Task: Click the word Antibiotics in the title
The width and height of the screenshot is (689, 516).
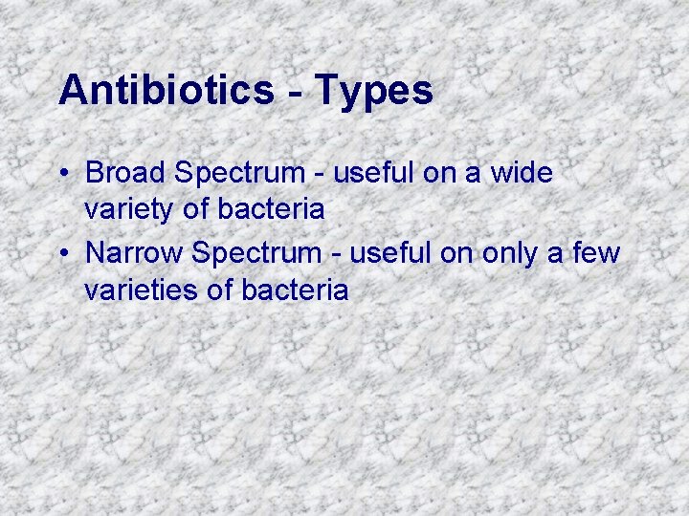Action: pos(166,91)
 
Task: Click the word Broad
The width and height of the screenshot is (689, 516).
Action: pos(124,173)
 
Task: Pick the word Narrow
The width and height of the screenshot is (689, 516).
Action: pos(135,253)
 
